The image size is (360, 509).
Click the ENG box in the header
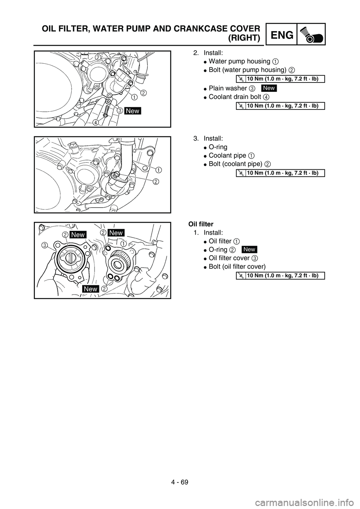[282, 34]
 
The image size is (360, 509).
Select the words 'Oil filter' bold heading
[201, 224]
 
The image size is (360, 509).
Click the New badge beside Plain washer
[269, 88]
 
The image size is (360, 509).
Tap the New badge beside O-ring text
[249, 250]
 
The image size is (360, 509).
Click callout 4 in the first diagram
[96, 122]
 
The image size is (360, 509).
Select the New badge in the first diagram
[132, 111]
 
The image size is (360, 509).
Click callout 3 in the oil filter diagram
[44, 245]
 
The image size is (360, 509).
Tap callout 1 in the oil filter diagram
[123, 244]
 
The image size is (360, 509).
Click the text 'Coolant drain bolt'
[235, 97]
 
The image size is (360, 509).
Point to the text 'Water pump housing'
[239, 61]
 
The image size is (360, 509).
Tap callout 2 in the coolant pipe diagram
[156, 182]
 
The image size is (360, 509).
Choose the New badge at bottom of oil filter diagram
[91, 289]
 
